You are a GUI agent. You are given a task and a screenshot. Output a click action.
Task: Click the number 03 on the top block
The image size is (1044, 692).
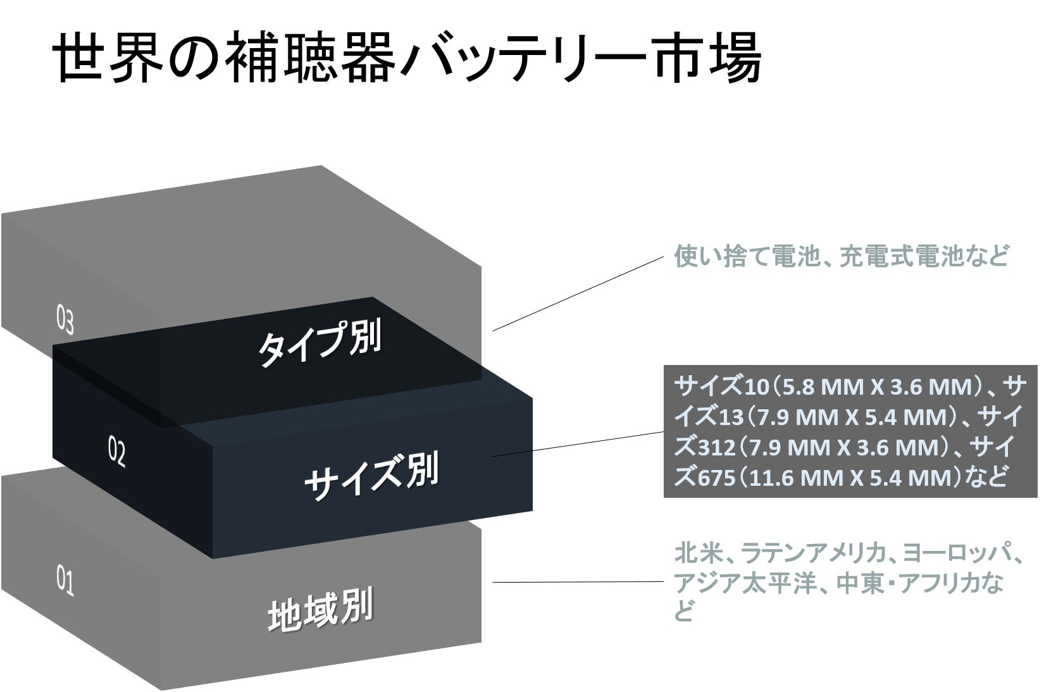click(x=65, y=321)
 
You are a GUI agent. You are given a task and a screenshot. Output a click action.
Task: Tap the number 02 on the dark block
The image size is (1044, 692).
click(x=117, y=454)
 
